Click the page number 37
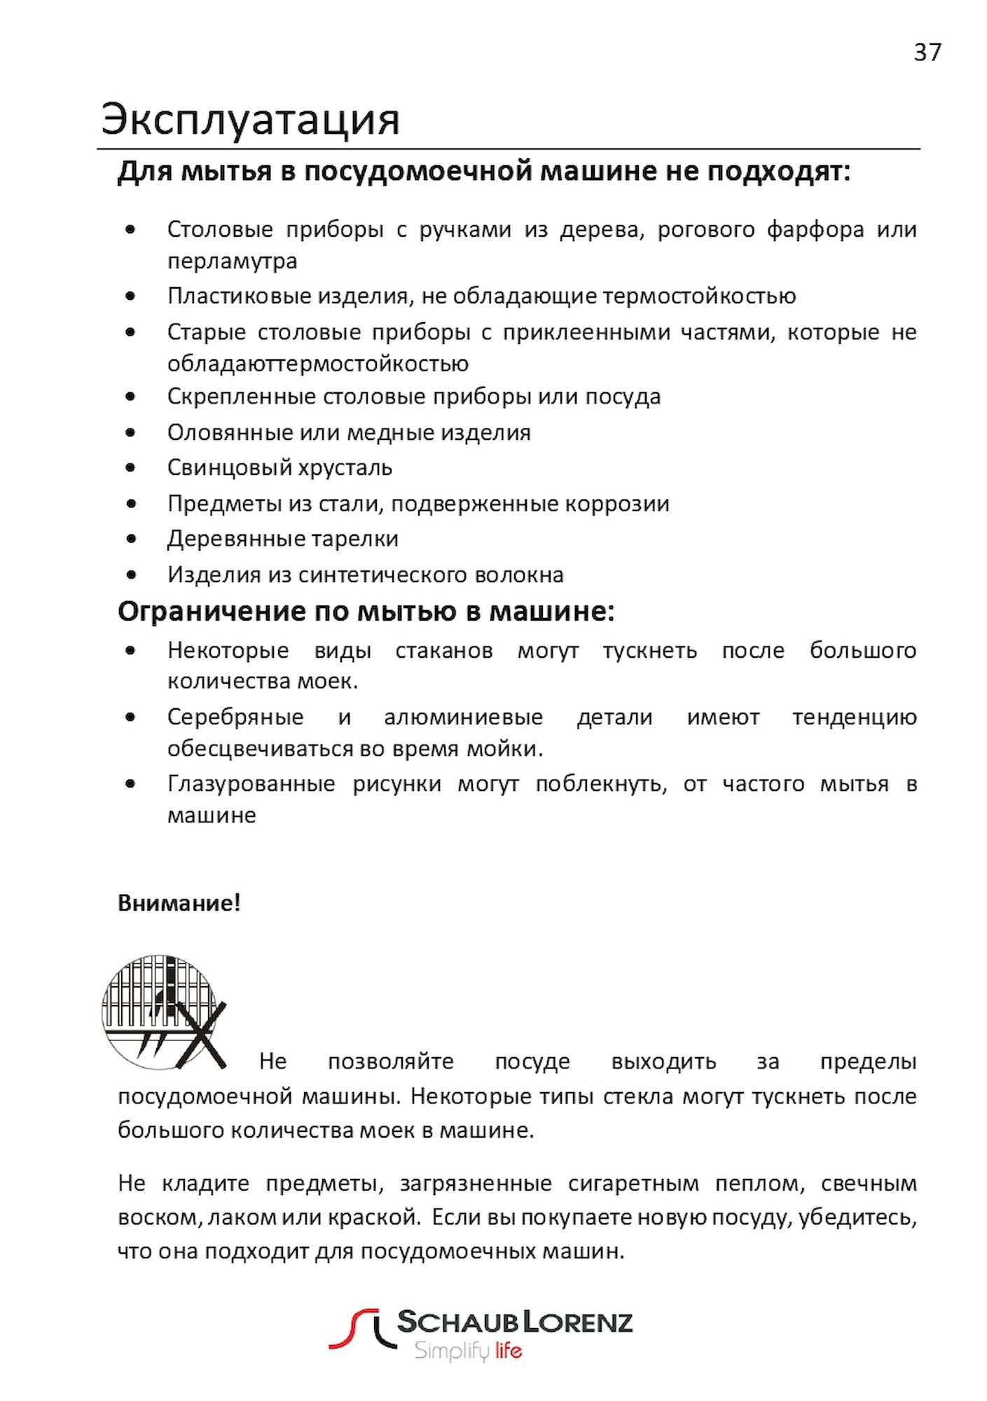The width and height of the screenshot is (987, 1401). click(927, 53)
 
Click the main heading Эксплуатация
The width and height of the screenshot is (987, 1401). click(250, 119)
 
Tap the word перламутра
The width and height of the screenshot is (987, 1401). click(232, 261)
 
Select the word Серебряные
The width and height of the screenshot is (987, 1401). click(235, 717)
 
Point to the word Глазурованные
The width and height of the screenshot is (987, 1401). click(251, 784)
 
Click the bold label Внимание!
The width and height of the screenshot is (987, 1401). click(179, 903)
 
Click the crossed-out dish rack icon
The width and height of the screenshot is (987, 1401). click(164, 1012)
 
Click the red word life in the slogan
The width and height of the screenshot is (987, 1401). click(508, 1350)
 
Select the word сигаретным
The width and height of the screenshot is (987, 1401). click(633, 1184)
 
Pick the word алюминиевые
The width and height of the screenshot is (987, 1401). click(463, 717)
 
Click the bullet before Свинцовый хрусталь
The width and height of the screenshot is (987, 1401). click(131, 467)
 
